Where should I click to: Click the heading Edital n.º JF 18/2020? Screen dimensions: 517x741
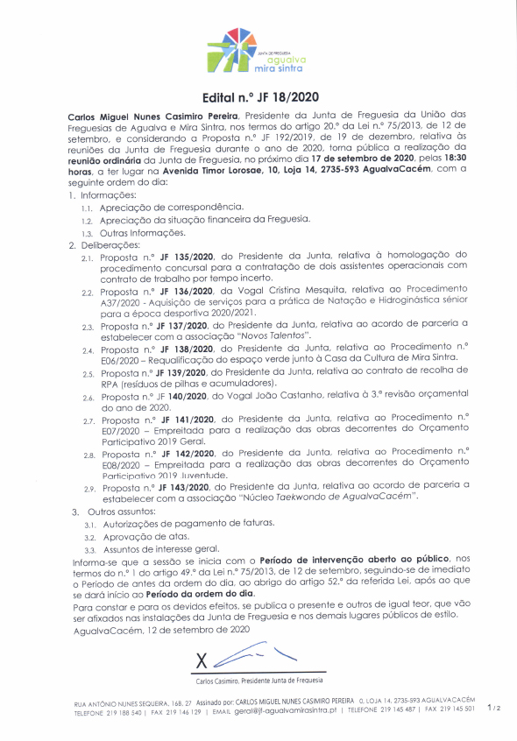[258, 99]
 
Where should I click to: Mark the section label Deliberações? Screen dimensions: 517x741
[110, 245]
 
